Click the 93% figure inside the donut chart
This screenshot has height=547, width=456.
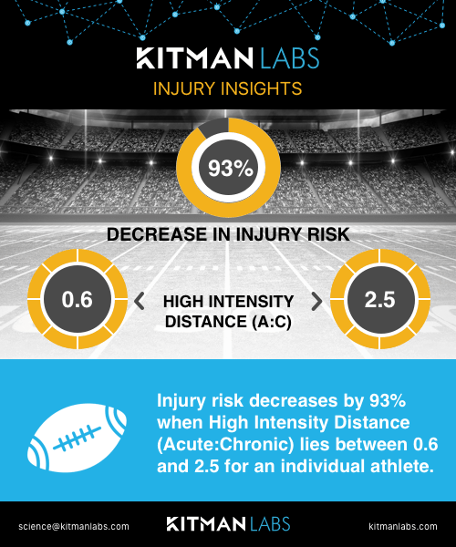(x=230, y=168)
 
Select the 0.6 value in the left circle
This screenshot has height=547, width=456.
(x=78, y=299)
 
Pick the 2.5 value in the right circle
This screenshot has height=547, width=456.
(x=379, y=299)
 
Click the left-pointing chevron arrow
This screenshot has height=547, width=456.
(x=140, y=301)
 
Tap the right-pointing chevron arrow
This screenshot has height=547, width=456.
(x=316, y=301)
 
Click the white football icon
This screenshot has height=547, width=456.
(x=77, y=438)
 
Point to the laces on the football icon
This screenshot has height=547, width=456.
(x=77, y=438)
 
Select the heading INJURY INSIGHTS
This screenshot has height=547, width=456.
(x=227, y=88)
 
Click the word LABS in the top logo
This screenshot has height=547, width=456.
(x=290, y=58)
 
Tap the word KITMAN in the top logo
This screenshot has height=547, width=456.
(x=194, y=58)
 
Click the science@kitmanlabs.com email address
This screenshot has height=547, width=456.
(x=74, y=526)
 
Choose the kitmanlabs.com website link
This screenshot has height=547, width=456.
(x=403, y=526)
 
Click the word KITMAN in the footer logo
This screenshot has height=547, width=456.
(x=206, y=524)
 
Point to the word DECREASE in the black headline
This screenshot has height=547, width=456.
(x=157, y=234)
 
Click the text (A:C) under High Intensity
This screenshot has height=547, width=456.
(x=272, y=322)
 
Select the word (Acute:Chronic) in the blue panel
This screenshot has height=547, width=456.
(x=225, y=445)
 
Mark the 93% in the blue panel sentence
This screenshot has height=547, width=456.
(x=388, y=400)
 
